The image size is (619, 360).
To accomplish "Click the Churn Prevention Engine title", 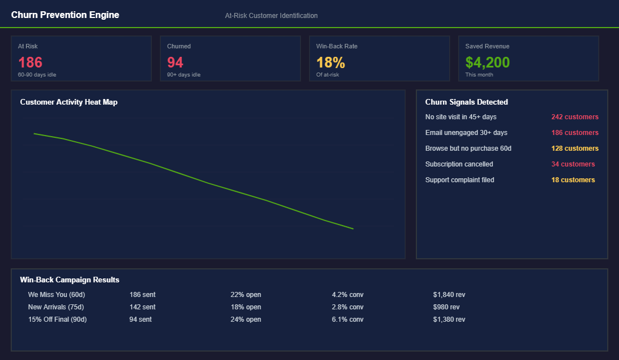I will coord(65,15).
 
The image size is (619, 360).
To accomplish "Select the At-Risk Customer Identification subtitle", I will coord(271,16).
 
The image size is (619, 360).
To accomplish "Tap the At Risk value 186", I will coord(30,62).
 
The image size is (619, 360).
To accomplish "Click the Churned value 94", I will coord(175,62).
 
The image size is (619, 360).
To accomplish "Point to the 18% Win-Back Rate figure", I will coord(331,62).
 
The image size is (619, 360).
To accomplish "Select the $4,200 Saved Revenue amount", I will coord(487,62).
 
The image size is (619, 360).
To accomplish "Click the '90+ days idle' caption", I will coord(183,75).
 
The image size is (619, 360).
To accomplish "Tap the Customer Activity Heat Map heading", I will coord(69,102).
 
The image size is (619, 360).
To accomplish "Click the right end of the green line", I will coord(353,228).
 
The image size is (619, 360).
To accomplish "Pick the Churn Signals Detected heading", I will coord(467,102).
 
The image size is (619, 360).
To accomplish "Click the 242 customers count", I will coord(575,117).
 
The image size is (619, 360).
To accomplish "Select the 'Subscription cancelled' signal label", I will coord(459,164).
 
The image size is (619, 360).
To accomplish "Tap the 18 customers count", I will coord(573,180).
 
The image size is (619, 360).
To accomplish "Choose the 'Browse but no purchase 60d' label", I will coord(468,148).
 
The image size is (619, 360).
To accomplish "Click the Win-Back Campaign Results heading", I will coord(70,280).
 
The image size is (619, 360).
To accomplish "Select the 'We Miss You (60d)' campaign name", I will coord(56,295).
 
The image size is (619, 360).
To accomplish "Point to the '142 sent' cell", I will coord(142,307).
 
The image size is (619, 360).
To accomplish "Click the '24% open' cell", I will coord(245,319).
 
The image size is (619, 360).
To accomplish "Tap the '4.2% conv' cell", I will coord(348,295).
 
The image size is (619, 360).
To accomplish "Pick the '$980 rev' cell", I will coord(446,307).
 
